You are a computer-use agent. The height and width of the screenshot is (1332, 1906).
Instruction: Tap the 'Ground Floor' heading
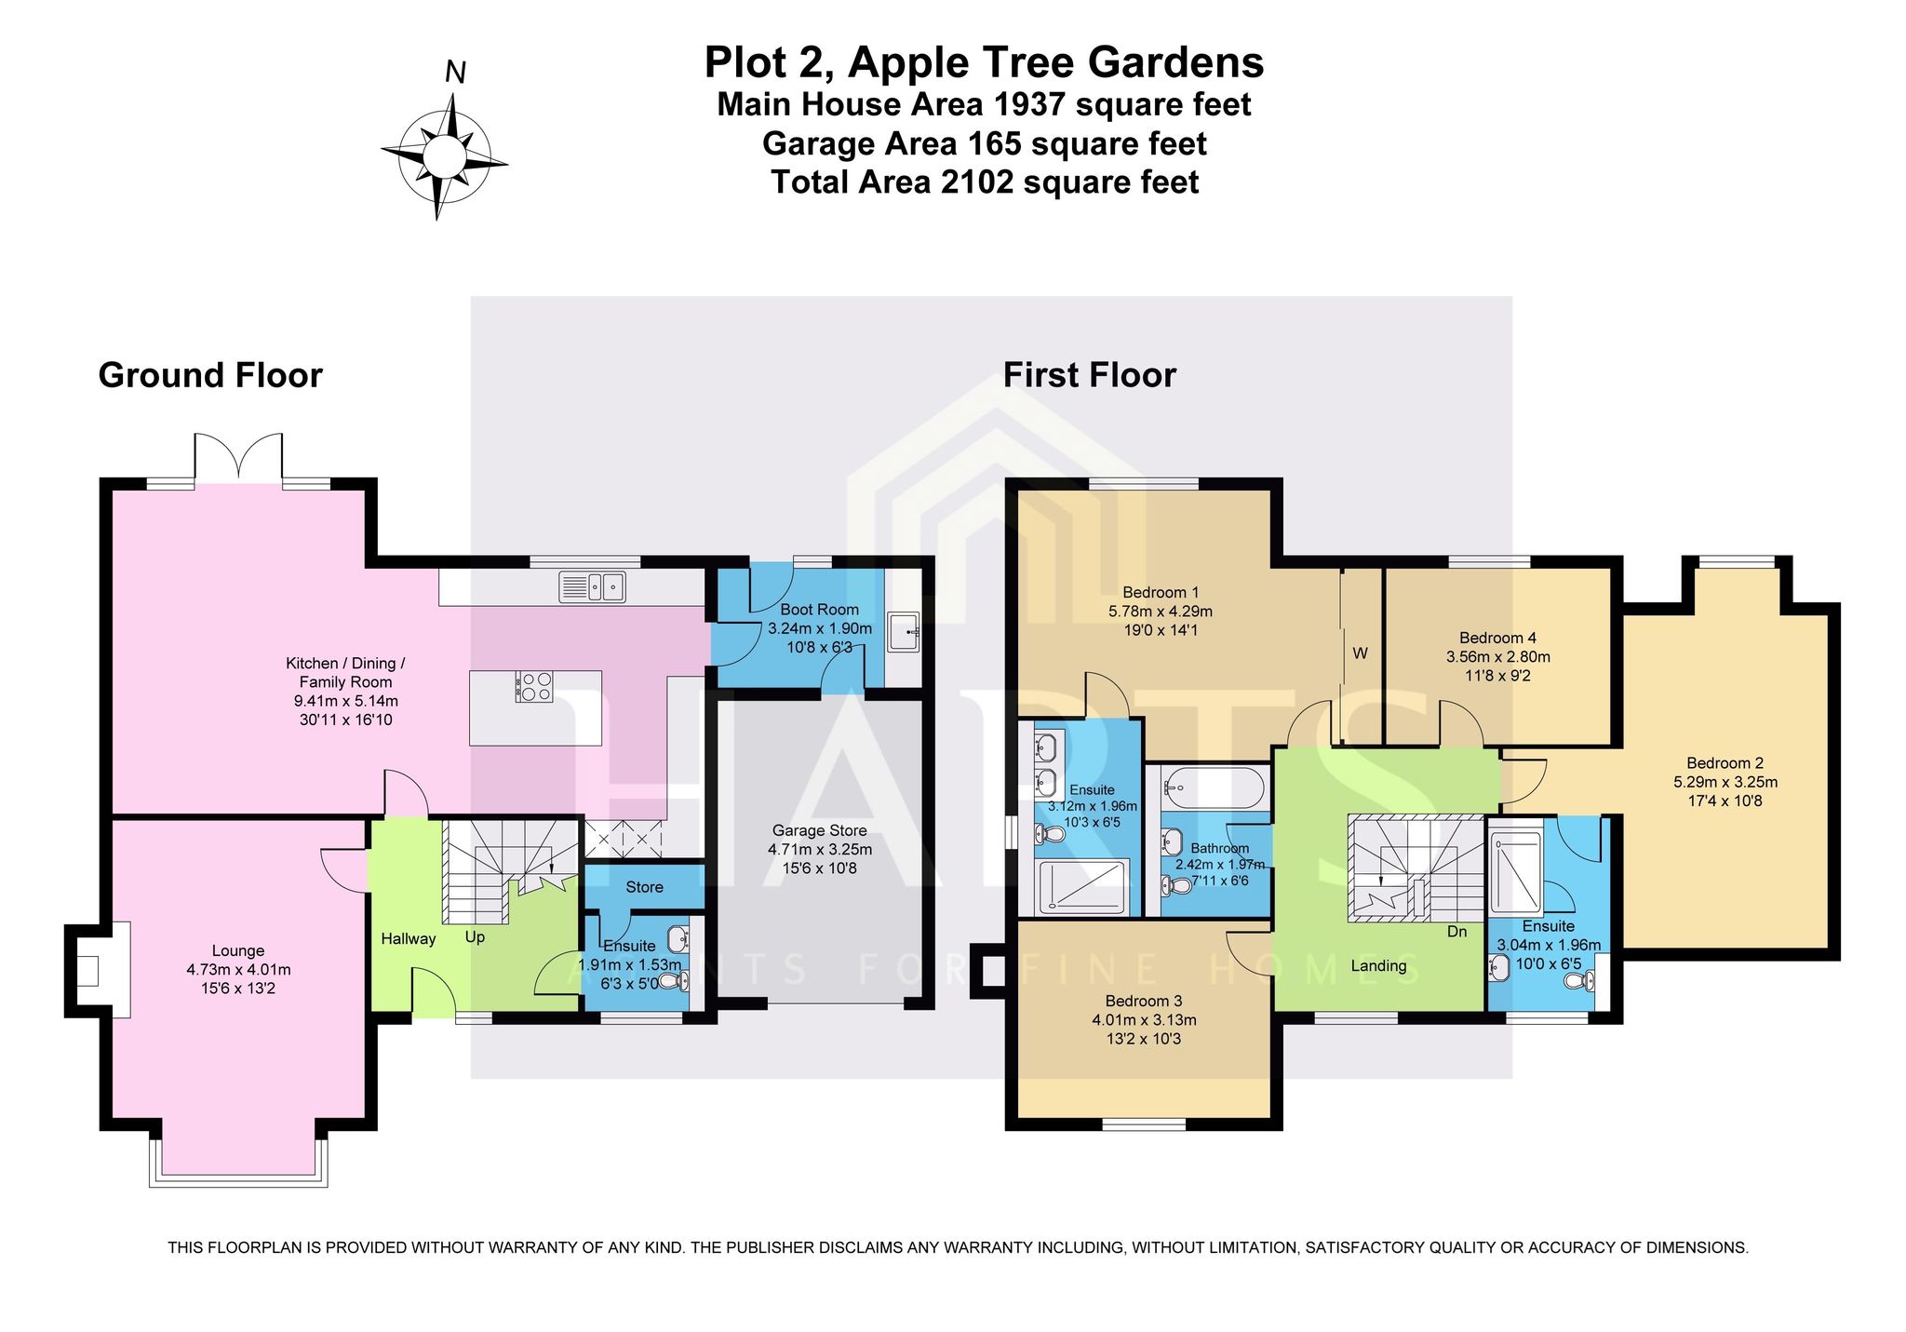210,375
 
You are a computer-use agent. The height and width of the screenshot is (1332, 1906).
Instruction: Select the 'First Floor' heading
1089,375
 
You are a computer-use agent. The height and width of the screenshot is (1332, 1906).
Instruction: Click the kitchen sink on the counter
592,587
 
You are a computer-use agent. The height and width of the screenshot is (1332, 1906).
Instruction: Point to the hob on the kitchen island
534,686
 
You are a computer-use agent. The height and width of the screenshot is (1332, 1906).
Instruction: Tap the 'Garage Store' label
819,830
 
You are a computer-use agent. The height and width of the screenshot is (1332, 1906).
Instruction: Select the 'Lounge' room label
238,950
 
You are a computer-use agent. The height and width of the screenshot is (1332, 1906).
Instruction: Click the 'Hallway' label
409,939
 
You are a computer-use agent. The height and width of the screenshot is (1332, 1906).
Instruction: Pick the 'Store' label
644,887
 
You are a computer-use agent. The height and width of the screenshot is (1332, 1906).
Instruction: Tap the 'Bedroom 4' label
1497,638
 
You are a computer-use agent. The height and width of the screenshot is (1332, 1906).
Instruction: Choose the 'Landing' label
1378,966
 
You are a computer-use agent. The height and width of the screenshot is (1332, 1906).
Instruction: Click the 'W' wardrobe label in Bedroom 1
1360,653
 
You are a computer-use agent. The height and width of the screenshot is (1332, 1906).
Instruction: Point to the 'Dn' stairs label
1457,931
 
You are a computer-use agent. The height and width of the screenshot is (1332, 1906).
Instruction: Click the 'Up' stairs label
475,937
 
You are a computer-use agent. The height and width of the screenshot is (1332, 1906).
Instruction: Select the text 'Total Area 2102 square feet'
985,182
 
